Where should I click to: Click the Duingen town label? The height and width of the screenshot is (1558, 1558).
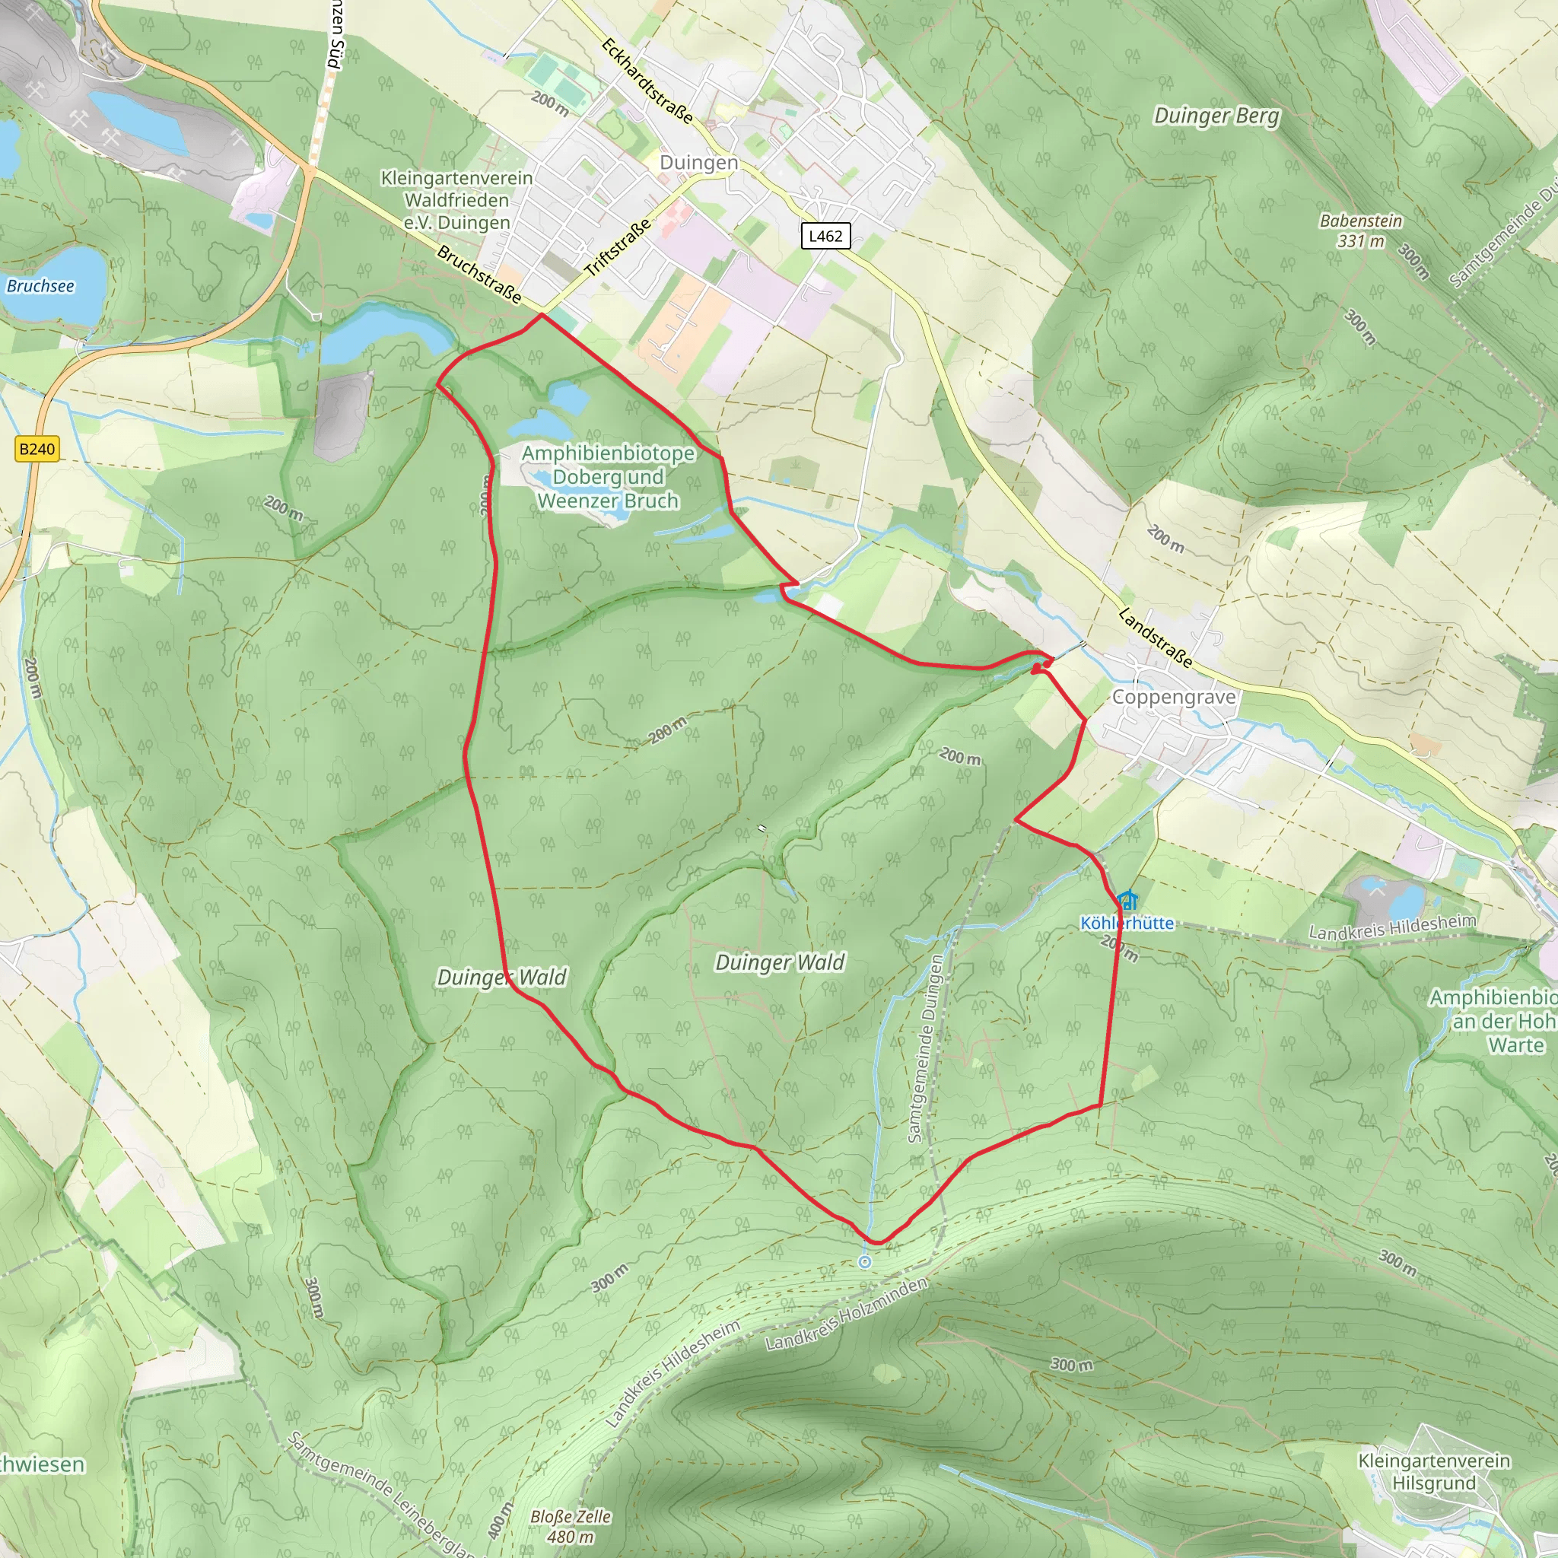coord(698,162)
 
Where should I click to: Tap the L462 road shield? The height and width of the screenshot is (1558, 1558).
coord(825,236)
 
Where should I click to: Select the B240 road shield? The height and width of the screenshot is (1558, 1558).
coord(37,449)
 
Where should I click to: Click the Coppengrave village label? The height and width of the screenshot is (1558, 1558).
coord(1173,697)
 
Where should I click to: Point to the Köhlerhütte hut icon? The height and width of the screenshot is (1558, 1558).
coord(1127,899)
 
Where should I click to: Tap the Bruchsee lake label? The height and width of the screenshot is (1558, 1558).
coord(40,285)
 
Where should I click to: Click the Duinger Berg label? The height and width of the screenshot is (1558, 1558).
coord(1216,116)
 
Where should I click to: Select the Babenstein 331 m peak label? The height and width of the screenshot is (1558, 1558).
coord(1360,230)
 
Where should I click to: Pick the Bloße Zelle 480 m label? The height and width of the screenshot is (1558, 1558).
coord(570,1526)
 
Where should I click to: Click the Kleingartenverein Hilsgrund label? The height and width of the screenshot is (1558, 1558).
coord(1434,1472)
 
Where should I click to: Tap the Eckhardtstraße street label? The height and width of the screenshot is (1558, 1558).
coord(647,80)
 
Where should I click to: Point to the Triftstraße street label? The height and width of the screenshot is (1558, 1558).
coord(618,247)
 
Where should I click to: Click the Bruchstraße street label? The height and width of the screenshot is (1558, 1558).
coord(479,274)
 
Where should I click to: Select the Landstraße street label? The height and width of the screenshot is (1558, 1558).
coord(1155,638)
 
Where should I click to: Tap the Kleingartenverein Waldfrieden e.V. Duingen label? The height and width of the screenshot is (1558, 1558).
coord(456,199)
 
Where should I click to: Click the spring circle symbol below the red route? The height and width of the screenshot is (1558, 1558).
coord(864,1262)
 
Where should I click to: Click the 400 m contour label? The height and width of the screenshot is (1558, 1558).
coord(500,1521)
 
